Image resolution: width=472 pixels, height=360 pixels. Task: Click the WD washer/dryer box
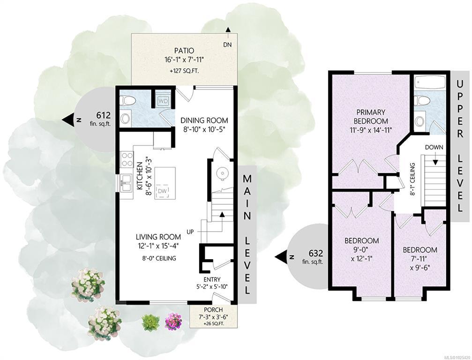[x=163, y=100]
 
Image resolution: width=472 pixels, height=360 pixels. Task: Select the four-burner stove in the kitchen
[x=127, y=159]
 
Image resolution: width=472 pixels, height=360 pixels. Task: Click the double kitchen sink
[x=126, y=183]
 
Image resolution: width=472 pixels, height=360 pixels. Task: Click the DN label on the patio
[x=228, y=45]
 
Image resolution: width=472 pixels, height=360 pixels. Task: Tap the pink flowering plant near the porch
[x=174, y=321]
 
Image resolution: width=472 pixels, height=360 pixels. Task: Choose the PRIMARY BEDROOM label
[x=371, y=117]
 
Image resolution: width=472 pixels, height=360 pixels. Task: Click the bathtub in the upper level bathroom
[x=429, y=82]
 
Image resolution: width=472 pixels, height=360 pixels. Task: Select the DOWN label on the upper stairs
[x=434, y=148]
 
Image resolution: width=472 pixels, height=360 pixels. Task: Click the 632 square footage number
[x=316, y=253]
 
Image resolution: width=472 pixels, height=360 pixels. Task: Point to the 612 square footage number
[x=104, y=115]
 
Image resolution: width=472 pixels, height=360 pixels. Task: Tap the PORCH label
[x=213, y=310]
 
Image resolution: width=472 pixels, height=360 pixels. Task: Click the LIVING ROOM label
[x=158, y=237]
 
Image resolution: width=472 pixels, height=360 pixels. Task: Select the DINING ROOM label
[x=204, y=120]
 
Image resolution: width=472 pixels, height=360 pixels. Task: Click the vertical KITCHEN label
[x=140, y=176]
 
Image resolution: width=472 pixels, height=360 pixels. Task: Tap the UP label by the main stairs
[x=190, y=232]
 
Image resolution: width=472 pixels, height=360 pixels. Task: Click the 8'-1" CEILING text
[x=412, y=180]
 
